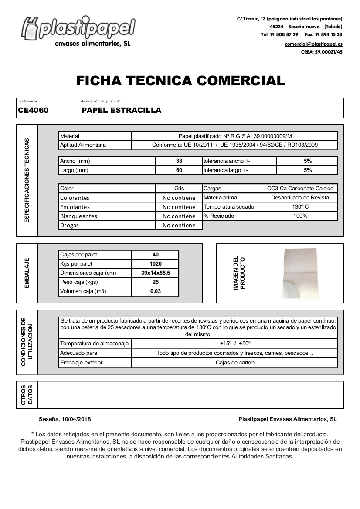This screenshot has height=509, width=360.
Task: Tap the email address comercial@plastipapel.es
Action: (313, 44)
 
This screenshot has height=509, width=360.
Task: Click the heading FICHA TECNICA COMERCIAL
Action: (180, 81)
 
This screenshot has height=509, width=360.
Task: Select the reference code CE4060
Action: (33, 111)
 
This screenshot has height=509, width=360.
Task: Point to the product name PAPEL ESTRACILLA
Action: (121, 111)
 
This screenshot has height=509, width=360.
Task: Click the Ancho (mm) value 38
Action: (179, 161)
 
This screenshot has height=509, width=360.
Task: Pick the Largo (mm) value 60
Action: (179, 170)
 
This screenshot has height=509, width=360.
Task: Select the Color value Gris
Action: (179, 189)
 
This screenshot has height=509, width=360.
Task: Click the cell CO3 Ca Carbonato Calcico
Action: (300, 189)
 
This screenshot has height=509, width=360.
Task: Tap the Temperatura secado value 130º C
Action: (300, 207)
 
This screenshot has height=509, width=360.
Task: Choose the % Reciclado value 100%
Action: (300, 216)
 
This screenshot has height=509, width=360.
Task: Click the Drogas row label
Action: (70, 226)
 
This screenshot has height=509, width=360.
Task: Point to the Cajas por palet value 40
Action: (156, 255)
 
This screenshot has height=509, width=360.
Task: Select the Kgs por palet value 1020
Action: (156, 264)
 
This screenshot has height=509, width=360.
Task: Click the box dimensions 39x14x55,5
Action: (156, 273)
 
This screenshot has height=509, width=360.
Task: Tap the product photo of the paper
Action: (299, 273)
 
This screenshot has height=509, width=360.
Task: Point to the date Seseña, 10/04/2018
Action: (65, 419)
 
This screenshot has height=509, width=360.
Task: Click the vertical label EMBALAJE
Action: (27, 273)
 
